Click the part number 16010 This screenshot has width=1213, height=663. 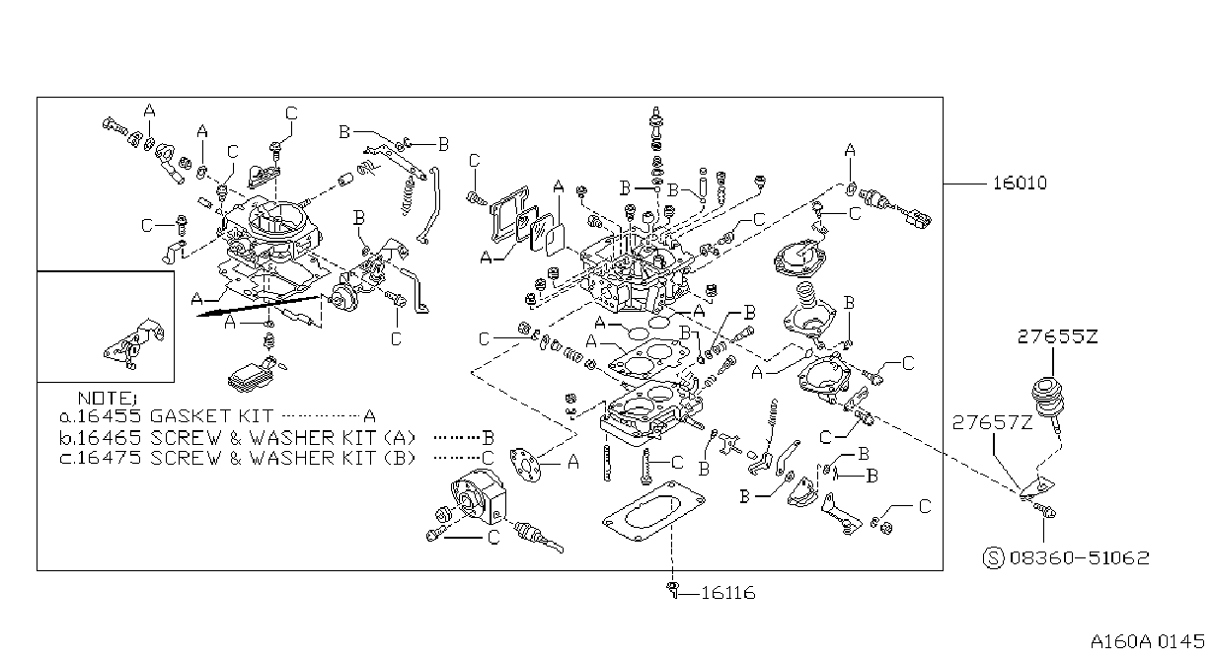click(1020, 183)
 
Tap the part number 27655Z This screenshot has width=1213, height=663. click(1057, 336)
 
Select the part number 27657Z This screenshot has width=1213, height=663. click(992, 422)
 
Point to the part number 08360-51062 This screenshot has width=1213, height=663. click(1079, 557)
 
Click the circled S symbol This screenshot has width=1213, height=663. click(993, 558)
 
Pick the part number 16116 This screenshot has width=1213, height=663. click(727, 593)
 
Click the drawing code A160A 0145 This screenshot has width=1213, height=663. click(1147, 641)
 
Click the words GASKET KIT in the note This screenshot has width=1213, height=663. click(211, 415)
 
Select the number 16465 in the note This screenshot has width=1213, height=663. click(110, 437)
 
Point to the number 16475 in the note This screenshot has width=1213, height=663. click(110, 458)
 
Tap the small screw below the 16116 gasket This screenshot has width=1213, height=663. click(672, 590)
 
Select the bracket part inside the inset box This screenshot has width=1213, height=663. click(134, 343)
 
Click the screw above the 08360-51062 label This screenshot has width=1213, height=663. click(1044, 509)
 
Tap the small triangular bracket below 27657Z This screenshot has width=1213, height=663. click(1038, 487)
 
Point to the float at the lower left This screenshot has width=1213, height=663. click(247, 375)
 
